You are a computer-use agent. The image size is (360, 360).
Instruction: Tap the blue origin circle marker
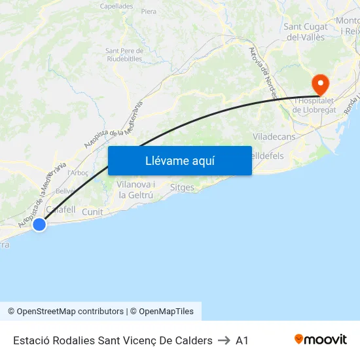point(39,225)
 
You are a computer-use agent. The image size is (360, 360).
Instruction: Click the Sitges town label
point(182,188)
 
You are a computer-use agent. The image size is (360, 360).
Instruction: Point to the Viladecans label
point(274,137)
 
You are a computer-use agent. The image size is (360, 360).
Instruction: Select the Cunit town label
point(92,212)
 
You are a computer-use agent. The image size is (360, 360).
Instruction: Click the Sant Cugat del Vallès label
point(306,32)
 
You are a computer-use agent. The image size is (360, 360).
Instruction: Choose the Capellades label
point(117,6)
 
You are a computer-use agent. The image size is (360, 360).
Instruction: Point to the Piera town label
point(149,11)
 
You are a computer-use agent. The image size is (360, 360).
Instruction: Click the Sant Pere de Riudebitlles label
point(124,54)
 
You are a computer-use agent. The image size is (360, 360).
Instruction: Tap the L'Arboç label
point(78,173)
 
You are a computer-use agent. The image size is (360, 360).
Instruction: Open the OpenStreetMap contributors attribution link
point(65,312)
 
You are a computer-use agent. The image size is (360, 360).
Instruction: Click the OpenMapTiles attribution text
point(166,312)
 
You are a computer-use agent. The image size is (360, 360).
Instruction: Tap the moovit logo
point(321,340)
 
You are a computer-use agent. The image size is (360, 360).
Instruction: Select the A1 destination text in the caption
point(242,340)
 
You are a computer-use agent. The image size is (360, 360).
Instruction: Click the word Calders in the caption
point(194,340)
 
